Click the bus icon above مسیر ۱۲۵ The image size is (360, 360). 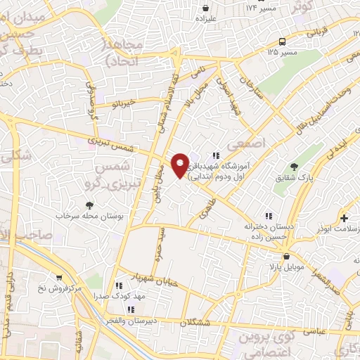pyautogui.click(x=281, y=41)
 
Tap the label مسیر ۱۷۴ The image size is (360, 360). pyautogui.click(x=260, y=8)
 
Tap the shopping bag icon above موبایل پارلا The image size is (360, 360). pyautogui.click(x=271, y=258)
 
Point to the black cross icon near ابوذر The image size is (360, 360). pyautogui.click(x=344, y=219)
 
